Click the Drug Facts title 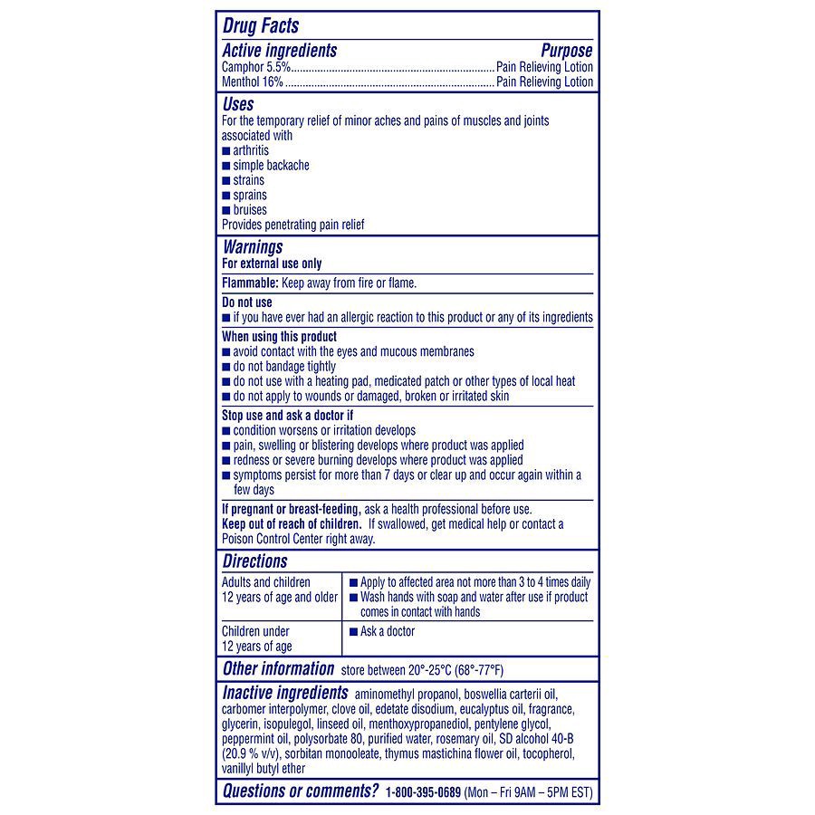[261, 26]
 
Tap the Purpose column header [566, 52]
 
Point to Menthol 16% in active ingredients [253, 81]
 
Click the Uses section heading [238, 104]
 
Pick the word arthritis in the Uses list [251, 150]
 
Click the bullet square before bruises [226, 210]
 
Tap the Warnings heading [253, 247]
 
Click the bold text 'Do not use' [246, 302]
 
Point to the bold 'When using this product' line [279, 337]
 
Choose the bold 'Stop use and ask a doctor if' [287, 416]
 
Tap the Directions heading [254, 561]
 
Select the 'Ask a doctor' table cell [388, 631]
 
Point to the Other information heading [278, 669]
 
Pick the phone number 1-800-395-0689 [422, 792]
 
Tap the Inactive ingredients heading [286, 694]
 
